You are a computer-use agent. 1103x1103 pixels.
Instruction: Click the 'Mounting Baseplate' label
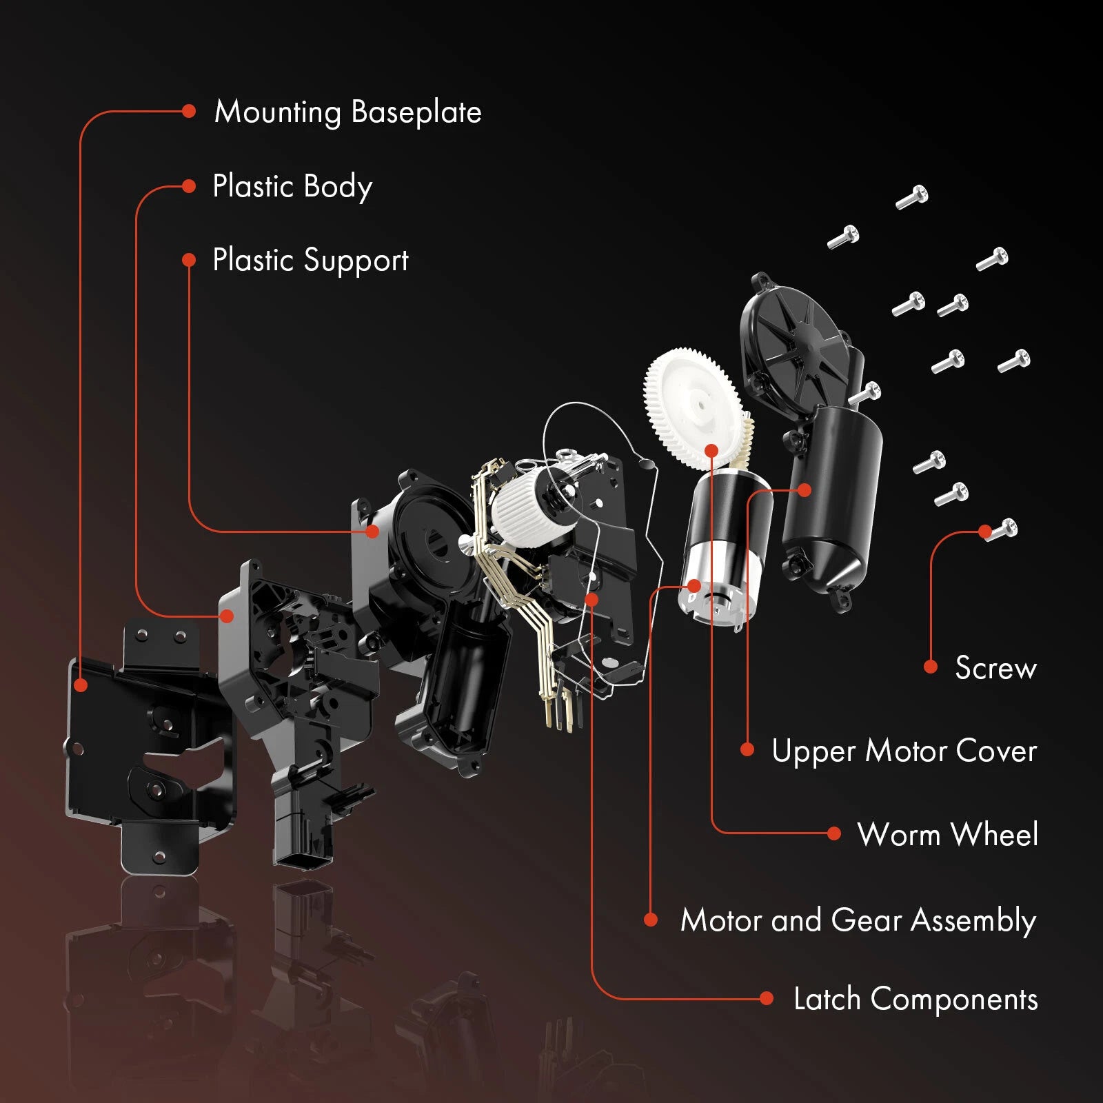pos(347,112)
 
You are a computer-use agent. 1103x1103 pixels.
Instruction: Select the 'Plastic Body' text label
pos(292,187)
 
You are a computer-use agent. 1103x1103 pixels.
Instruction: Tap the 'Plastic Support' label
pos(310,261)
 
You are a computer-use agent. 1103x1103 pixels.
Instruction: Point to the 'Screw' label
pos(995,668)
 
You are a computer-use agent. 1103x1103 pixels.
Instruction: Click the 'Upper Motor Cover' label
pos(904,751)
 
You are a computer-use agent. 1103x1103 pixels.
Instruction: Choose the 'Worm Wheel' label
pos(947,834)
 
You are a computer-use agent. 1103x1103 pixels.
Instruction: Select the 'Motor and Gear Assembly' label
pos(858,921)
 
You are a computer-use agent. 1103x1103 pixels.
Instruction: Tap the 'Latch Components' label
pos(915,1000)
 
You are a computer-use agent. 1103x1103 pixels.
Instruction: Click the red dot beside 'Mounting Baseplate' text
pos(189,112)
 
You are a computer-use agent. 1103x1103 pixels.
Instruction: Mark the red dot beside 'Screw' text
pos(931,667)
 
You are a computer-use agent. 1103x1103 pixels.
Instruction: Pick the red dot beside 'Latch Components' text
pos(766,998)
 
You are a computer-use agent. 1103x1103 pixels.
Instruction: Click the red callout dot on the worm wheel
pos(712,451)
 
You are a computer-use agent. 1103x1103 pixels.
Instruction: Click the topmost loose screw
pos(912,196)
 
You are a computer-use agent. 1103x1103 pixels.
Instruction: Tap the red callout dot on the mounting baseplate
pos(81,685)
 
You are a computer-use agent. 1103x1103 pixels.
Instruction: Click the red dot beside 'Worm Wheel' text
pos(833,833)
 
